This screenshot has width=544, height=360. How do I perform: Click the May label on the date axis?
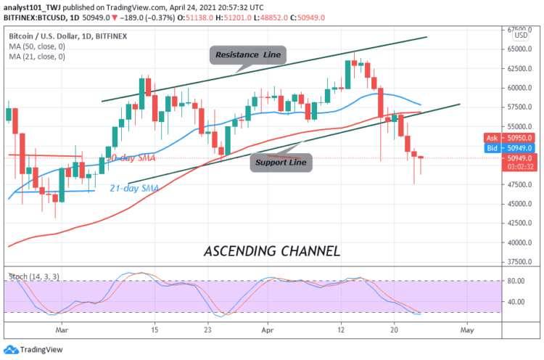468,329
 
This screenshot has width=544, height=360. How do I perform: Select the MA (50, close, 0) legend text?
38,45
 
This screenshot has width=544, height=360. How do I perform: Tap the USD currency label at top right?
520,36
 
